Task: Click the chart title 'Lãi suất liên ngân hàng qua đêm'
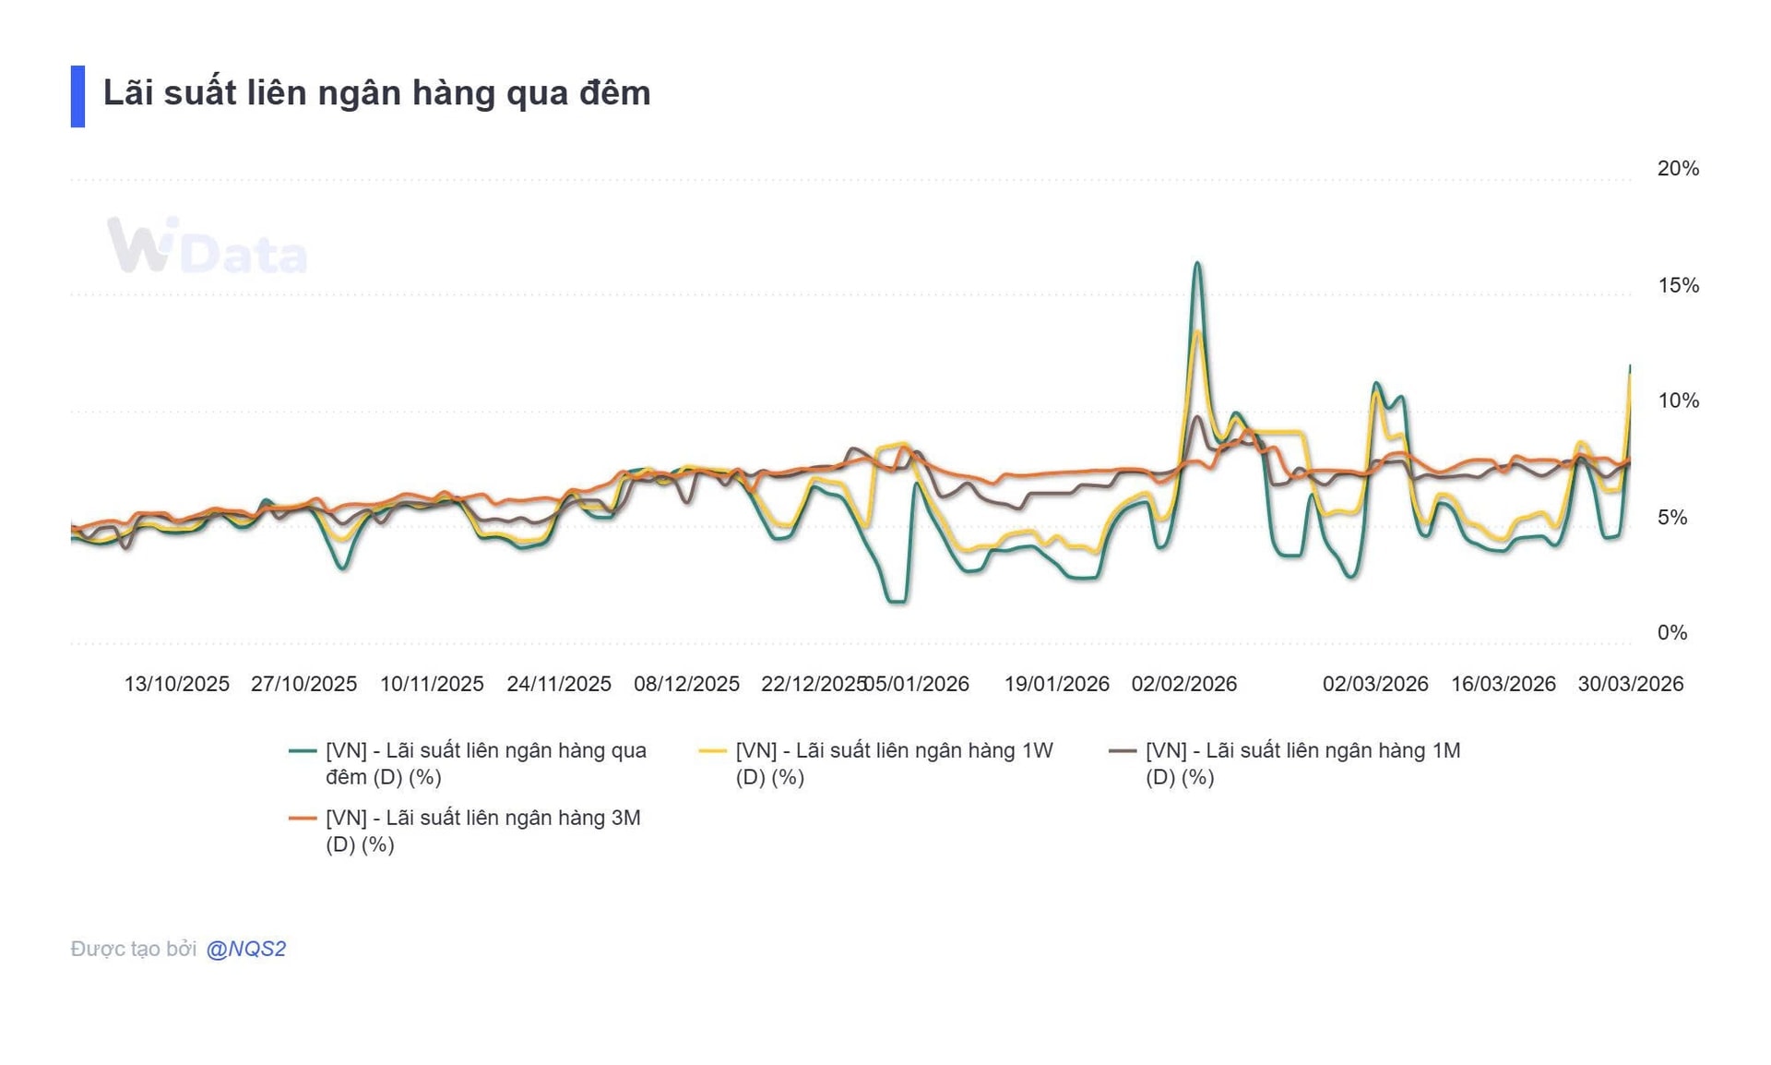pyautogui.click(x=376, y=93)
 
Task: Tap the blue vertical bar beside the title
pyautogui.click(x=77, y=96)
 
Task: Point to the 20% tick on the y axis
pyautogui.click(x=1677, y=169)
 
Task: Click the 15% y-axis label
pyautogui.click(x=1677, y=285)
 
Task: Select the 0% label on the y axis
pyautogui.click(x=1671, y=633)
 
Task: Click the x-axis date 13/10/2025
pyautogui.click(x=176, y=684)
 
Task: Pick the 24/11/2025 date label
pyautogui.click(x=559, y=684)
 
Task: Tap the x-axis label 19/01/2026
pyautogui.click(x=1056, y=684)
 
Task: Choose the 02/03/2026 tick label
pyautogui.click(x=1374, y=684)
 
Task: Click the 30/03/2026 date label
pyautogui.click(x=1630, y=684)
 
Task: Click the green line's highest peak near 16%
pyautogui.click(x=1196, y=264)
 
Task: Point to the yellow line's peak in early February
pyautogui.click(x=1197, y=331)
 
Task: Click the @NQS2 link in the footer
pyautogui.click(x=245, y=949)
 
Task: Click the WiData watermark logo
pyautogui.click(x=207, y=246)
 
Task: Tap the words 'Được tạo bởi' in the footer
pyautogui.click(x=133, y=949)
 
